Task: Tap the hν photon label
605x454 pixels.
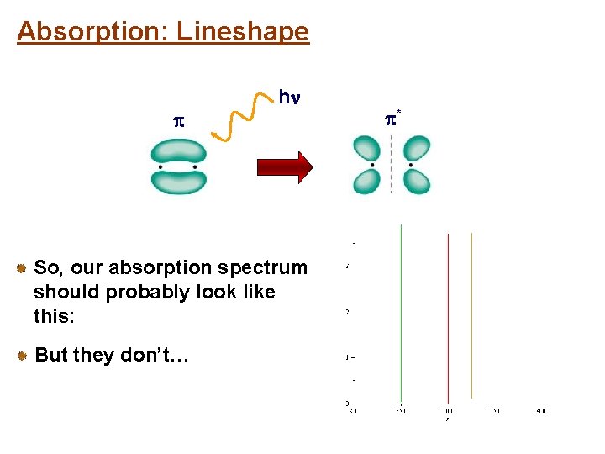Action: (x=288, y=98)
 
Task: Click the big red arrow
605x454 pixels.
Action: (x=281, y=166)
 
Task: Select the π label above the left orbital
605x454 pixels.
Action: (x=177, y=122)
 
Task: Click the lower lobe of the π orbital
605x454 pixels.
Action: (x=177, y=181)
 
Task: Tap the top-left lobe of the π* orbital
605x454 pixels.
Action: (x=367, y=150)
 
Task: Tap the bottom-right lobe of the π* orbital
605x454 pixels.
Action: (x=416, y=182)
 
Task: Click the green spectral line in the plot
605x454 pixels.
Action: (x=402, y=311)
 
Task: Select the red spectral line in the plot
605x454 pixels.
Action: (x=448, y=315)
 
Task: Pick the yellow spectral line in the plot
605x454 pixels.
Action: (x=471, y=315)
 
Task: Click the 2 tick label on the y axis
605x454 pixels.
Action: (x=348, y=313)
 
